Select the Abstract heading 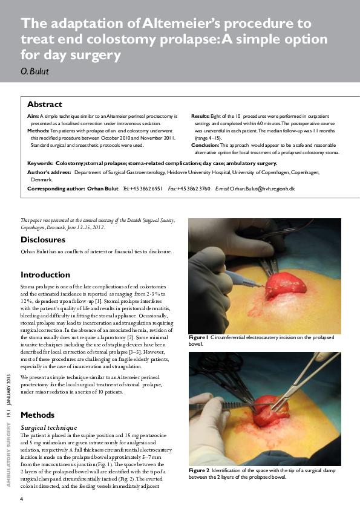pos(45,104)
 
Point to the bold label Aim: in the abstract pos(33,115)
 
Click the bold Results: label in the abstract pos(200,115)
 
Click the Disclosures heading pos(43,239)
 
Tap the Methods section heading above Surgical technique pos(38,415)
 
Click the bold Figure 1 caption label pos(198,337)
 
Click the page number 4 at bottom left pos(22,499)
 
